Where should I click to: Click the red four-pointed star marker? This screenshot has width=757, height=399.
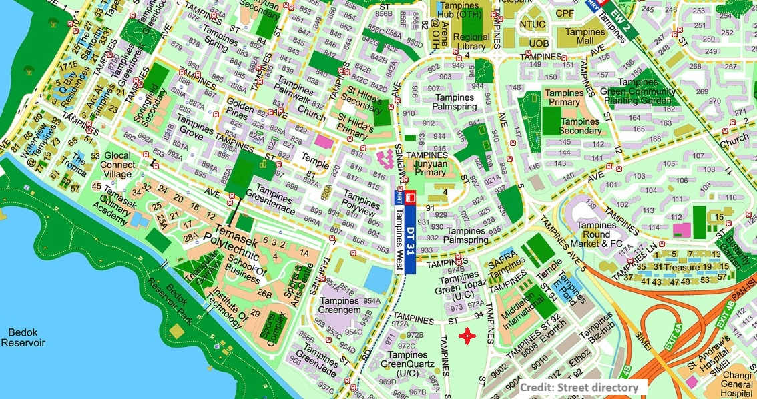(x=467, y=336)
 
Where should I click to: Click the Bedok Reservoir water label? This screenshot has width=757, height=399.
(x=22, y=337)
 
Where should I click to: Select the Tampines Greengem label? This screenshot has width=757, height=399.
(x=340, y=305)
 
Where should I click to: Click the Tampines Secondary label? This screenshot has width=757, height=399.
(x=579, y=126)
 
